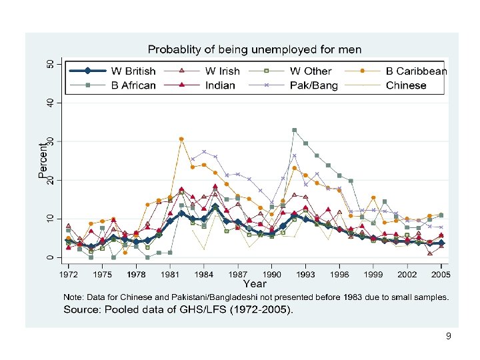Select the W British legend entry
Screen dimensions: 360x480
pos(133,71)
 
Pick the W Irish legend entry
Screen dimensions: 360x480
pos(225,71)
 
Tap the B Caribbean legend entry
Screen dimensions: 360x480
pos(416,71)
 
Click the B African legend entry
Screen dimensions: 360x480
pos(133,85)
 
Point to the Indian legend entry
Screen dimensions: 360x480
pos(220,85)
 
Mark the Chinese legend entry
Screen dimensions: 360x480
pos(405,85)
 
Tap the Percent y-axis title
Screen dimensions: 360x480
pos(43,160)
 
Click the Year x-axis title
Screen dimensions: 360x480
pos(254,284)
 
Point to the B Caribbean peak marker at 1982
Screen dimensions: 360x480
pos(181,139)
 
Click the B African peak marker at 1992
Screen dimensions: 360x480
pos(294,130)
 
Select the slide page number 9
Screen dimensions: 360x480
pos(449,337)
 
